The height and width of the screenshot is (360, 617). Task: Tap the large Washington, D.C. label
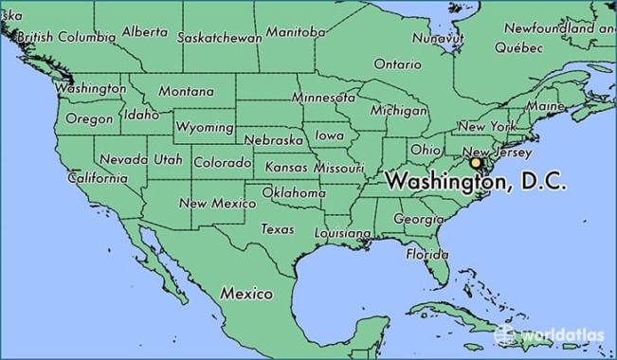pos(476,183)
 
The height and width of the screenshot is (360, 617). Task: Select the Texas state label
pos(278,229)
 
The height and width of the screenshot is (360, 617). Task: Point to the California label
pos(98,178)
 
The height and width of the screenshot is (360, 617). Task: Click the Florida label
pos(427,255)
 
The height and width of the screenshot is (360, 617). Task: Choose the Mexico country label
pos(246,294)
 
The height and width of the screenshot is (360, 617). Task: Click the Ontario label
pos(397,64)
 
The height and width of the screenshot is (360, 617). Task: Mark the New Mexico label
pos(217,203)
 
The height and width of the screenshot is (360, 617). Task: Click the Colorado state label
pos(222,163)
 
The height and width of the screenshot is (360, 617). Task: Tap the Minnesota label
pos(322,98)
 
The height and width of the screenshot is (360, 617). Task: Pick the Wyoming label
pos(205,127)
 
